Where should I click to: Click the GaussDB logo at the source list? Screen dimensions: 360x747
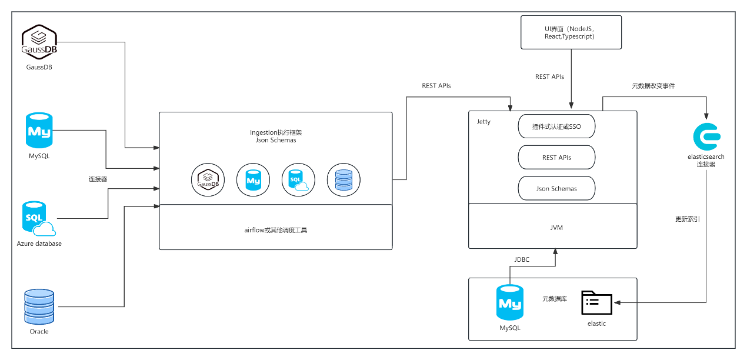point(39,42)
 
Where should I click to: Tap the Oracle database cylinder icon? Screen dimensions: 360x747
point(39,306)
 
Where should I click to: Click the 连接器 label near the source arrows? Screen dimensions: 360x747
point(98,178)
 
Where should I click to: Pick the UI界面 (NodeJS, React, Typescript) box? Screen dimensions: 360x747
point(571,32)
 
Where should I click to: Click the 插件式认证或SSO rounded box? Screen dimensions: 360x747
point(556,126)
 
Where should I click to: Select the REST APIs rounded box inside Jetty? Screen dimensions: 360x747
point(556,158)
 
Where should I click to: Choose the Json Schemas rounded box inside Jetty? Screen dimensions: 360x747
point(556,188)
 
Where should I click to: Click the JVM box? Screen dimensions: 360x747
point(552,226)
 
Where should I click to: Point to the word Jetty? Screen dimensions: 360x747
point(483,122)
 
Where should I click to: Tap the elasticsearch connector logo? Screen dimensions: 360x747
point(706,136)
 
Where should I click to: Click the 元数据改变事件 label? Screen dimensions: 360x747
point(653,86)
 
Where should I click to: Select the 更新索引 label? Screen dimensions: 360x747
point(687,219)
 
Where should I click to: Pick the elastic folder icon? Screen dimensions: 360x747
point(596,302)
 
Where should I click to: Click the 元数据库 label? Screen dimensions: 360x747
point(554,299)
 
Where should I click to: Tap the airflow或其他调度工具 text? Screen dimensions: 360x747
point(276,229)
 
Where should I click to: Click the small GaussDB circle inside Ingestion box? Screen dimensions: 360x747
point(207,179)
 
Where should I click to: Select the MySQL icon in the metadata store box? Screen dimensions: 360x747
point(509,304)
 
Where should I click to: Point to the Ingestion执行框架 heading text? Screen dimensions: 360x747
point(276,132)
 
